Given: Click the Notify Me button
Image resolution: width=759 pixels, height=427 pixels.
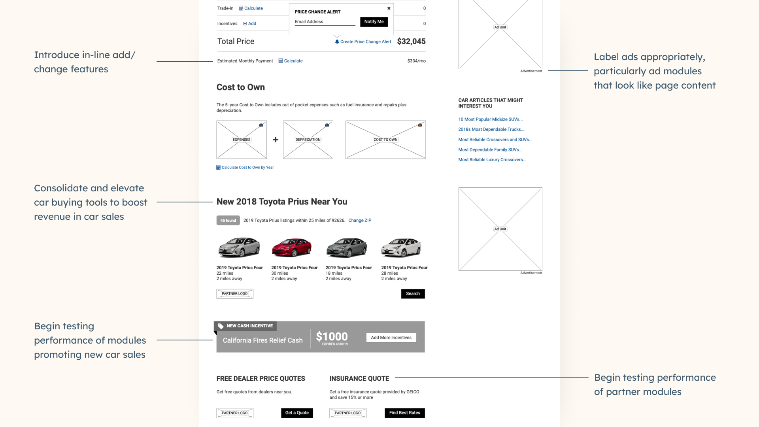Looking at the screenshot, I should click(374, 22).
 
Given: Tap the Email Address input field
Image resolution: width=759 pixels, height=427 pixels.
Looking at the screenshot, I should click(325, 22).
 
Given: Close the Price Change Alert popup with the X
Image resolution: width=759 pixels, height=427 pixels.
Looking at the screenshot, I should click(389, 8).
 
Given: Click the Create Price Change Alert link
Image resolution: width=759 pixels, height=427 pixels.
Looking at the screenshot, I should click(363, 42).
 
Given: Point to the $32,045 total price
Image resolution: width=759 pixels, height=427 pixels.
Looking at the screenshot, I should click(411, 42).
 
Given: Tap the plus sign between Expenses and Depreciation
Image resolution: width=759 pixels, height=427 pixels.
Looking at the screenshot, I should click(276, 140).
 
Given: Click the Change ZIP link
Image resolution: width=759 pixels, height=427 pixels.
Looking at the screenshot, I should click(360, 221).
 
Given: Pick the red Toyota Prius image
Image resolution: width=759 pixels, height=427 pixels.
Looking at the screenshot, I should click(292, 248).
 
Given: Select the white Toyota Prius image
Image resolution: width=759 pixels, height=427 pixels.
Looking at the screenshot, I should click(401, 248).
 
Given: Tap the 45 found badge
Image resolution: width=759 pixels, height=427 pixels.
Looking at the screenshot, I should click(228, 221).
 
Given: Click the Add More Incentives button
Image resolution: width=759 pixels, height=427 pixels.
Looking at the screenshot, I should click(391, 338).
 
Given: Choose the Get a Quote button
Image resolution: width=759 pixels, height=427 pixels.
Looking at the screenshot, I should click(297, 413).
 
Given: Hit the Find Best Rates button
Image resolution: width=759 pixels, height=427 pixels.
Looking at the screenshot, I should click(404, 413).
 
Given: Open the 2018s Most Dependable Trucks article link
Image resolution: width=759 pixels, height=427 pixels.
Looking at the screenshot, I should click(491, 129).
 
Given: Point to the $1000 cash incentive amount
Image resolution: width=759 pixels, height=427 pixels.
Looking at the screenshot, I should click(332, 336).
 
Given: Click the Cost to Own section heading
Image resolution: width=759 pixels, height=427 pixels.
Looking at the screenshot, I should click(241, 87).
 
